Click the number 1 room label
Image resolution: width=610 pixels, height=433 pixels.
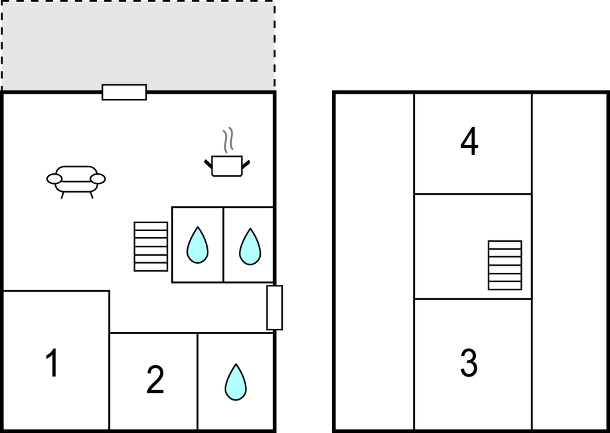click(x=52, y=363)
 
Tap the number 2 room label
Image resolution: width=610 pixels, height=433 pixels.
click(x=155, y=380)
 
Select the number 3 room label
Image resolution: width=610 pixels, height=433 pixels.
click(x=469, y=363)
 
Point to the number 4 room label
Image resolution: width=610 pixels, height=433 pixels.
click(x=469, y=141)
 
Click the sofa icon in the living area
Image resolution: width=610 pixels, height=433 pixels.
click(x=76, y=182)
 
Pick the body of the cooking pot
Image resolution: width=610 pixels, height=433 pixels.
click(x=227, y=166)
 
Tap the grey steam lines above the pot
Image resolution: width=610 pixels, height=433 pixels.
click(x=228, y=139)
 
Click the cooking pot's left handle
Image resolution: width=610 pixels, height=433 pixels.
click(x=208, y=163)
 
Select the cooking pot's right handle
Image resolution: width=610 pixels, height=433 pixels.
click(x=246, y=164)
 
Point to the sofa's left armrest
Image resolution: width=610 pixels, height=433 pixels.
click(x=54, y=179)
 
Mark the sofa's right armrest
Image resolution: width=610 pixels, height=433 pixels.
click(x=98, y=179)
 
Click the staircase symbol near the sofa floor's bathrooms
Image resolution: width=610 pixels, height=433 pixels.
click(x=151, y=246)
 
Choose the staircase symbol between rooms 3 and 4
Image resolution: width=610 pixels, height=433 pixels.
click(x=505, y=265)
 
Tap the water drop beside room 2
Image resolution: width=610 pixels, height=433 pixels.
click(x=236, y=383)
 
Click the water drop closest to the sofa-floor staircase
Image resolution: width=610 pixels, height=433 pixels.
click(x=197, y=245)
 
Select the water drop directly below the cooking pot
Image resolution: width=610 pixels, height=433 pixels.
click(x=250, y=247)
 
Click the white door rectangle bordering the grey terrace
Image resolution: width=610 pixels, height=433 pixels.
click(x=125, y=92)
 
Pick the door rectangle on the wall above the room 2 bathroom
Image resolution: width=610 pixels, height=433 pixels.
click(x=275, y=307)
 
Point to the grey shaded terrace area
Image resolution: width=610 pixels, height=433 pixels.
click(x=138, y=44)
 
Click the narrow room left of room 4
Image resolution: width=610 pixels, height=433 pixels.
click(x=374, y=262)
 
